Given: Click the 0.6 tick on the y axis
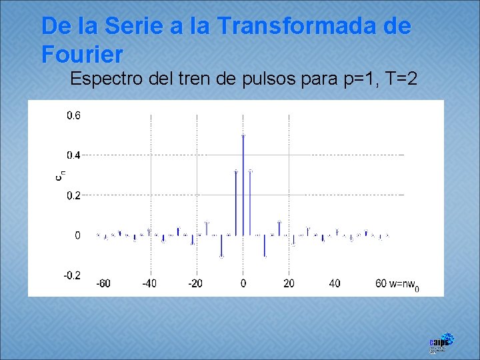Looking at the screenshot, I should (73, 115).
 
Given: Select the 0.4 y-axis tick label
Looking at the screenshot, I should (73, 155).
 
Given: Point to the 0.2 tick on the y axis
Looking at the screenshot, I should (73, 195).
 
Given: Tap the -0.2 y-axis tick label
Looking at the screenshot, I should (71, 275).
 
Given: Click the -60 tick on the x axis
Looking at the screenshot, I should (103, 283).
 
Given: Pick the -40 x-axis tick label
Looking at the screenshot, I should (149, 283).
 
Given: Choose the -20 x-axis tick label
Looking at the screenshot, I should (195, 283).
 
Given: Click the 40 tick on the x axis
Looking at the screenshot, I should (335, 283).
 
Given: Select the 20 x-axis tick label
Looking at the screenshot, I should (289, 283).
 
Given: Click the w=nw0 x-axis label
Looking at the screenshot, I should (404, 285).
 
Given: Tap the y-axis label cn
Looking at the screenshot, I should (59, 175).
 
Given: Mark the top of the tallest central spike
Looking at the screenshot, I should (243, 135).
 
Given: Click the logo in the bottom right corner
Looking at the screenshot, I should (441, 343).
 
